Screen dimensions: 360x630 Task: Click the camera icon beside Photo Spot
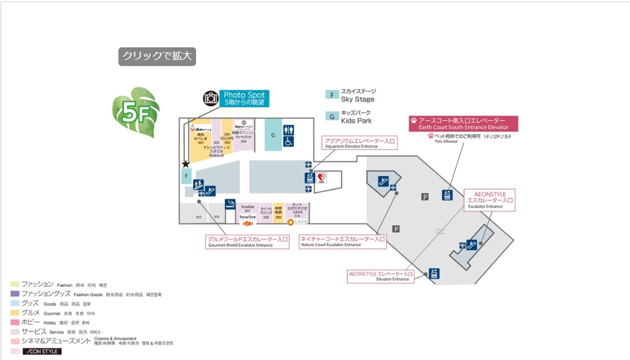(x=211, y=99)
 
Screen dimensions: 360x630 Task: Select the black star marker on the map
(x=186, y=164)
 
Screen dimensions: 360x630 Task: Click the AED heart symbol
(x=322, y=178)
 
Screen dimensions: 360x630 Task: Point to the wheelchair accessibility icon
(x=289, y=141)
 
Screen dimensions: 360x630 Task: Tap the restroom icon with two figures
(x=289, y=129)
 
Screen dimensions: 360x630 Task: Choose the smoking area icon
(x=230, y=204)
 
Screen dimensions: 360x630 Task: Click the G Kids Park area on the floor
(x=273, y=134)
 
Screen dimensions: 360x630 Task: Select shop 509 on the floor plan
(x=278, y=212)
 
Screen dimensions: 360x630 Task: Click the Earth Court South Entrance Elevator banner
(x=463, y=123)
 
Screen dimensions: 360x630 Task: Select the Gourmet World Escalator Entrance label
(x=248, y=242)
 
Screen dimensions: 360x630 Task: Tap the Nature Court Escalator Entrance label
(x=343, y=242)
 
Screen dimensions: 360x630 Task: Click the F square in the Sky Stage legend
(x=332, y=95)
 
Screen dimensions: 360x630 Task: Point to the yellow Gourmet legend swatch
(x=15, y=313)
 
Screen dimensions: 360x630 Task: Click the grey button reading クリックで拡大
(x=157, y=57)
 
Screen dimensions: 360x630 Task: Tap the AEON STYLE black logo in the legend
(x=42, y=351)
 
